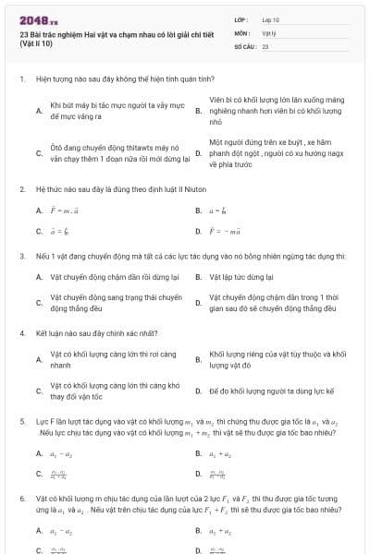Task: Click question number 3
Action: pos(22,254)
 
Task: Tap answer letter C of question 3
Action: pos(39,303)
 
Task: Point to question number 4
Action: pos(22,330)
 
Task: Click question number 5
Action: pos(22,421)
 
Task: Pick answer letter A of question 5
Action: pos(39,453)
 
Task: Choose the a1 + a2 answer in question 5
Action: pos(218,453)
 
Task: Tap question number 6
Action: pos(22,499)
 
